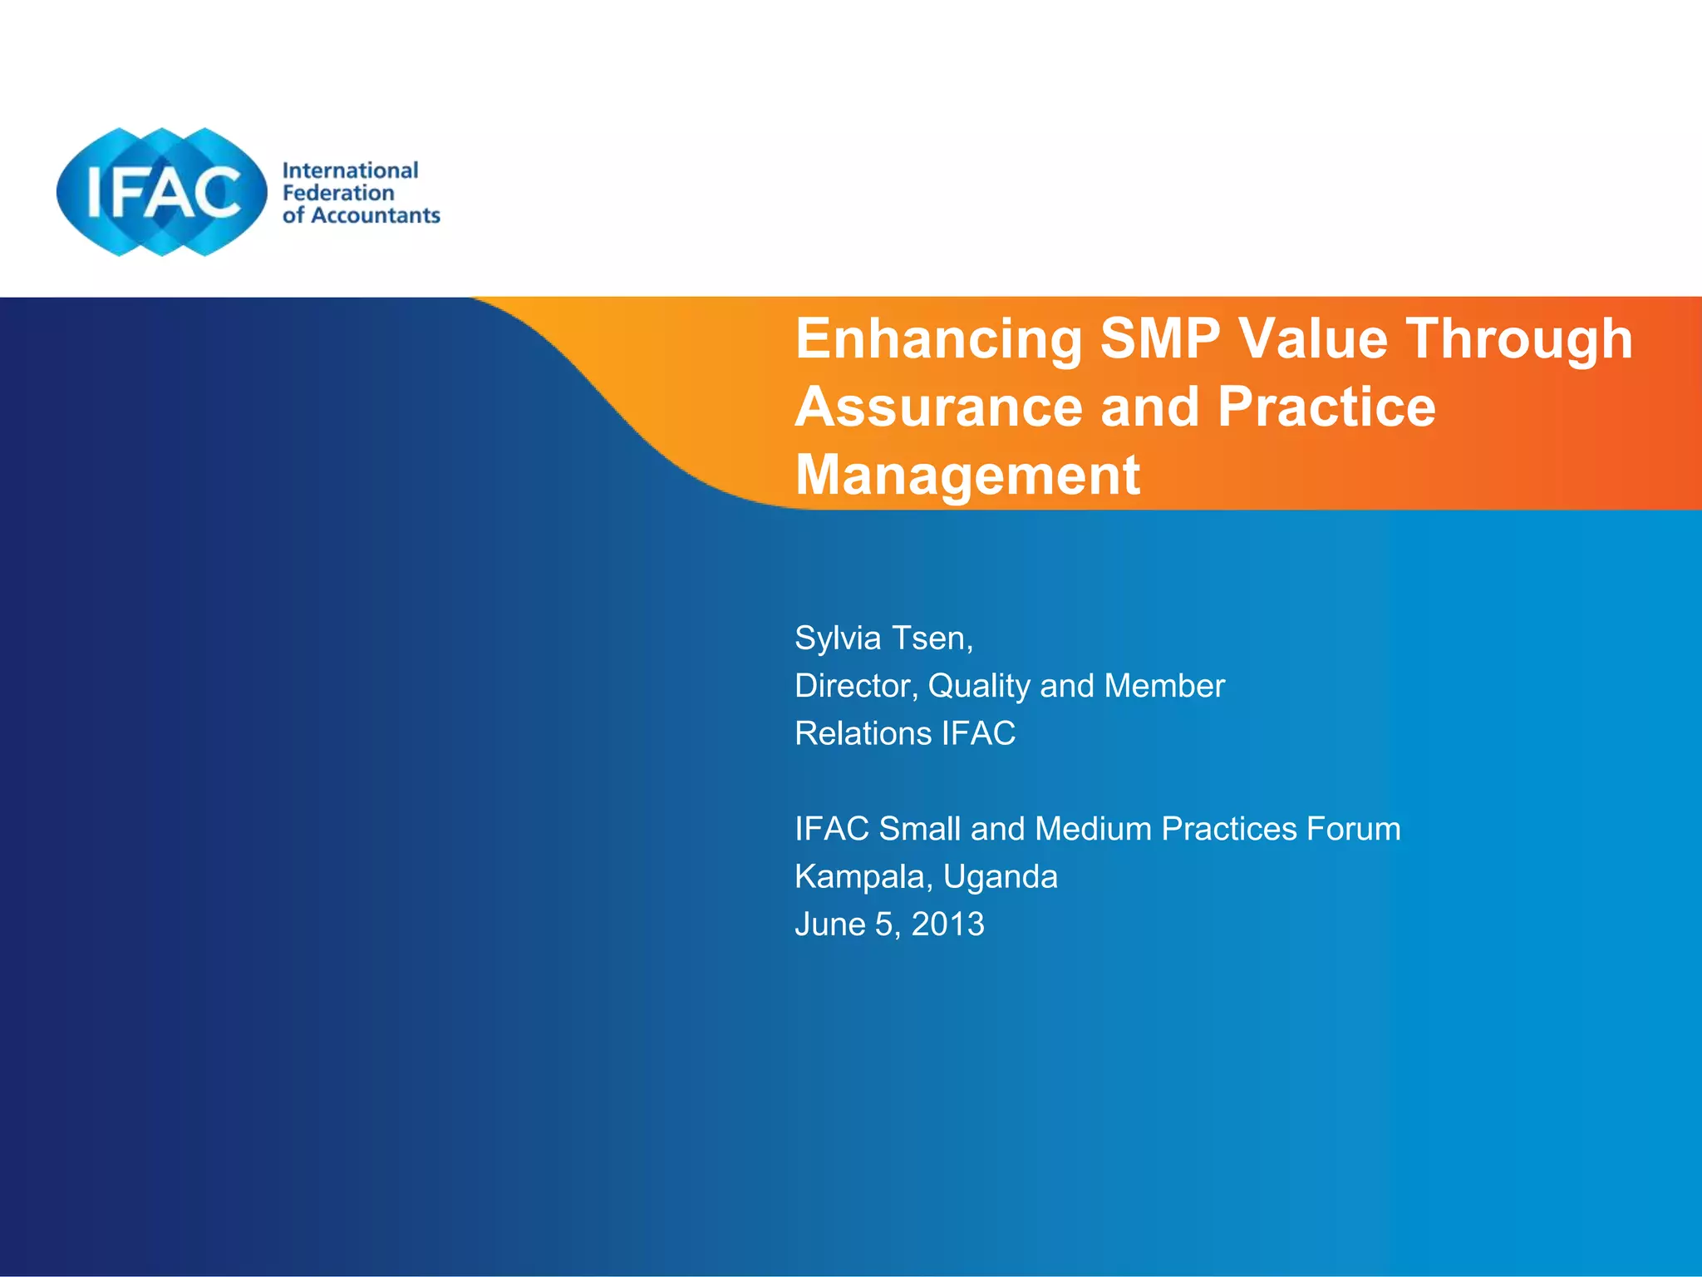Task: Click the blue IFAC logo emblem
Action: tap(161, 192)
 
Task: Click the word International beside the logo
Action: tap(350, 170)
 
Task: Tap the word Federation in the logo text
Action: tap(338, 193)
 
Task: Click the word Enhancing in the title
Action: tap(938, 340)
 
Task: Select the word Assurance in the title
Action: tap(938, 407)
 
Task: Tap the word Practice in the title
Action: tap(1326, 407)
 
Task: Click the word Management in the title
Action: tap(967, 476)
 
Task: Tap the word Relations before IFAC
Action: tap(863, 733)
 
